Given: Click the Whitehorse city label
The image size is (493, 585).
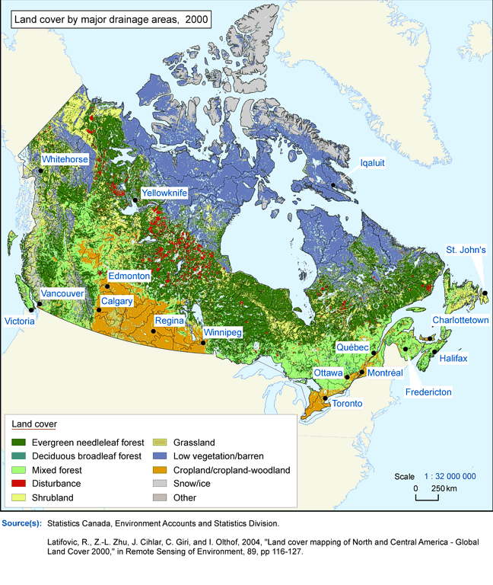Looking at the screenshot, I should coord(65,160).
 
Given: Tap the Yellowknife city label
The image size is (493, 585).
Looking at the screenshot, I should coord(164,193).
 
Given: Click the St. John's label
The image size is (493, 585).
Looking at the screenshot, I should coord(466,250).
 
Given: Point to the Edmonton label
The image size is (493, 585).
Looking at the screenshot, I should coord(129,276).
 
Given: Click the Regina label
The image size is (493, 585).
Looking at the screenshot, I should coord(168,321).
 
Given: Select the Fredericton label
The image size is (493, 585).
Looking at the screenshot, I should coord(428,392).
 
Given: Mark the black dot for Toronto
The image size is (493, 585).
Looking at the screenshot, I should coord(326,398).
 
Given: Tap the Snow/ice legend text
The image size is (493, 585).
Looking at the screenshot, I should coord(190,484).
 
